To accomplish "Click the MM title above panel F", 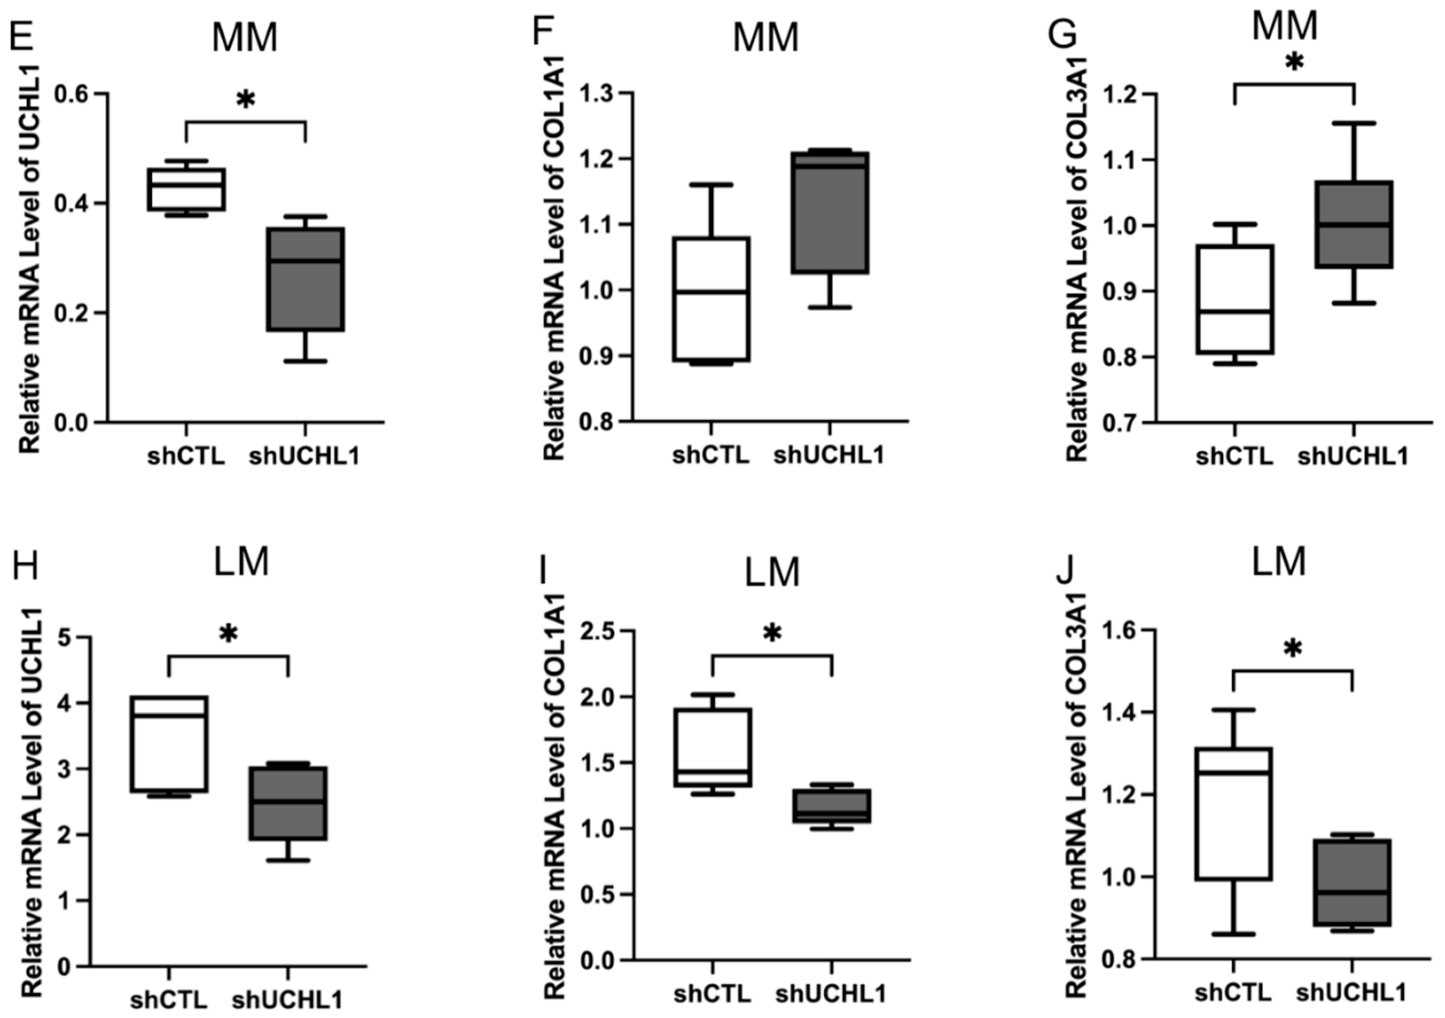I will click(x=765, y=38).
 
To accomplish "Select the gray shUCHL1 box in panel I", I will click(x=832, y=806).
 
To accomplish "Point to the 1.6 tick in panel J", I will click(x=1124, y=630).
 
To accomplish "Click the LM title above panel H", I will click(x=242, y=561).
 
